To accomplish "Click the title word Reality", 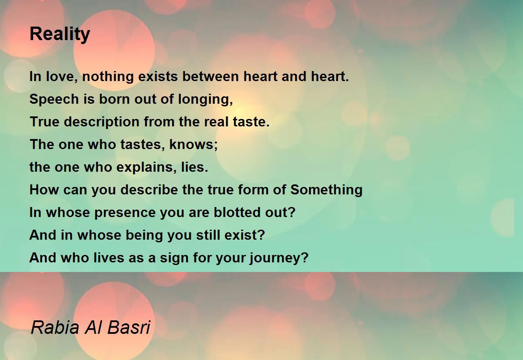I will point(60,34).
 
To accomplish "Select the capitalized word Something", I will point(326,190).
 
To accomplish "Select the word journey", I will point(279,258).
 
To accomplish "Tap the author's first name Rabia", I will point(52,328).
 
